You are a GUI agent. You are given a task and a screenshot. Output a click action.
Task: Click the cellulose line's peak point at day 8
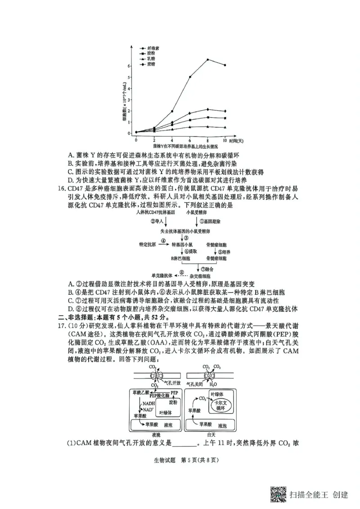click(207, 59)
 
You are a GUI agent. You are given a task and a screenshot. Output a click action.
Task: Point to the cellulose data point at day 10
click(225, 65)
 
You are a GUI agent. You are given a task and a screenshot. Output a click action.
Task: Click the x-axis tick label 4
click(172, 140)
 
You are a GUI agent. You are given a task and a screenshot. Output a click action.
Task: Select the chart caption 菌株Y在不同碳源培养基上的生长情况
click(183, 147)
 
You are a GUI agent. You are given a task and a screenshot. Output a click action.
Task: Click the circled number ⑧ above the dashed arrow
click(181, 272)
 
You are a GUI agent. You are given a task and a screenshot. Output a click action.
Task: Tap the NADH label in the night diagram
click(148, 403)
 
